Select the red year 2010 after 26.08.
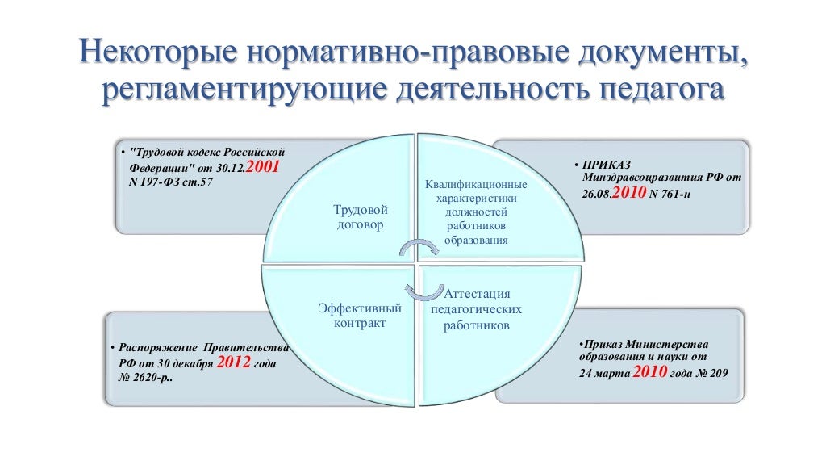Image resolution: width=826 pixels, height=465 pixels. click(x=630, y=194)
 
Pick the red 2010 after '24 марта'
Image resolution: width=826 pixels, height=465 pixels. click(x=649, y=373)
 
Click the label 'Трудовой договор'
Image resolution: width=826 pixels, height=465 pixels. click(x=359, y=217)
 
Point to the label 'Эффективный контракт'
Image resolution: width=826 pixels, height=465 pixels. click(x=360, y=316)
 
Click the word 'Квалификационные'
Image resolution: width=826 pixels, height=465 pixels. click(x=477, y=185)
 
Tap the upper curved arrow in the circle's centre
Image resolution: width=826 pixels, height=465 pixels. click(x=418, y=245)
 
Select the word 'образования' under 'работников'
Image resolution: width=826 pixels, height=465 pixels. click(x=476, y=240)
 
